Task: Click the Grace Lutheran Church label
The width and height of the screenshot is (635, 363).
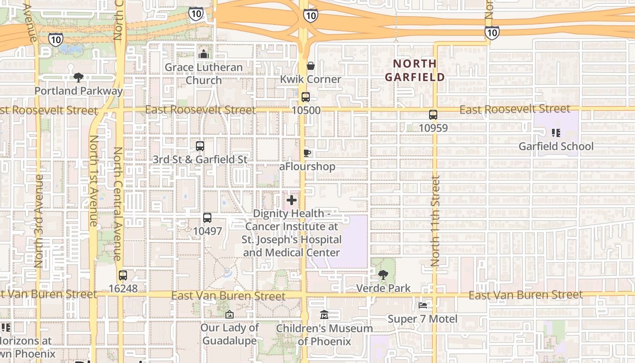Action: pyautogui.click(x=204, y=74)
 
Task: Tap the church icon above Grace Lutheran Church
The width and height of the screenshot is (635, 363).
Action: pyautogui.click(x=204, y=54)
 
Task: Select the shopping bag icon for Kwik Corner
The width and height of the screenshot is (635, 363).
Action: pyautogui.click(x=311, y=66)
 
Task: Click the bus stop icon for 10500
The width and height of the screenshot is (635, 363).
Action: pyautogui.click(x=306, y=97)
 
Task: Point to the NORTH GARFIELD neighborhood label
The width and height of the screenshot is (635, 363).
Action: pyautogui.click(x=415, y=70)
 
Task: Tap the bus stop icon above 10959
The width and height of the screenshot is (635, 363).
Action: pyautogui.click(x=433, y=115)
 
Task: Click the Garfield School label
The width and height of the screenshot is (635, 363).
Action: pyautogui.click(x=556, y=146)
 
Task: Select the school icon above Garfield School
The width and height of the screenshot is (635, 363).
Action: pyautogui.click(x=556, y=133)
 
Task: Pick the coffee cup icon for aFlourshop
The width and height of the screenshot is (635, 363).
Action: pyautogui.click(x=307, y=153)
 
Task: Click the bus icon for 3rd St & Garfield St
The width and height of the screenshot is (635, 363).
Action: pyautogui.click(x=200, y=146)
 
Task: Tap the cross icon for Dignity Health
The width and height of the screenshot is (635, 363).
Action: pyautogui.click(x=292, y=200)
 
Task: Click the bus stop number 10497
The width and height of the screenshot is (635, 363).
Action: pyautogui.click(x=207, y=231)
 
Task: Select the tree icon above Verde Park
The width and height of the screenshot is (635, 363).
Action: pyautogui.click(x=383, y=275)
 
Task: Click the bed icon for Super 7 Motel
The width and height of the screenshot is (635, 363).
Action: pyautogui.click(x=423, y=306)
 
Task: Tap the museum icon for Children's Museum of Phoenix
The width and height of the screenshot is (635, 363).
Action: pyautogui.click(x=324, y=314)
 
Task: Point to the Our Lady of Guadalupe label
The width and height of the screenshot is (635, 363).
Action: pyautogui.click(x=230, y=334)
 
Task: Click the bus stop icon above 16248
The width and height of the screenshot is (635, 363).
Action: pyautogui.click(x=123, y=275)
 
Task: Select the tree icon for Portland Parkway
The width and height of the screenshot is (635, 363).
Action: pyautogui.click(x=78, y=78)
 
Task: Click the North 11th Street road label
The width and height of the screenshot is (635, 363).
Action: pyautogui.click(x=435, y=221)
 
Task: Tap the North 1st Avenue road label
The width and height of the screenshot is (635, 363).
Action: pyautogui.click(x=93, y=181)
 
